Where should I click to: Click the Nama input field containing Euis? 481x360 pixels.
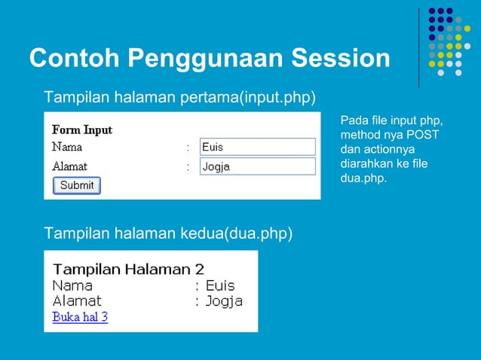257,147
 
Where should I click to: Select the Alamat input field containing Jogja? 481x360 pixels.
257,166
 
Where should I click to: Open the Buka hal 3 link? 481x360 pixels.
80,317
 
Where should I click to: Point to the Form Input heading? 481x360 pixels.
81,130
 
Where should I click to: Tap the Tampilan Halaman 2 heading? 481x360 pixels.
128,269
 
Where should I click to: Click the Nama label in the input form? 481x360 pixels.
67,147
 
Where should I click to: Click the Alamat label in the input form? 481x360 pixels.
69,166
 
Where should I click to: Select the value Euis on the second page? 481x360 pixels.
220,285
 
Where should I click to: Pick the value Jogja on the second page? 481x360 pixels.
224,301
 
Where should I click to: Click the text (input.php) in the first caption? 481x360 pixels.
276,98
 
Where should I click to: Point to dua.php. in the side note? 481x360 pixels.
363,178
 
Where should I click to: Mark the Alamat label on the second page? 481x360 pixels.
77,301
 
